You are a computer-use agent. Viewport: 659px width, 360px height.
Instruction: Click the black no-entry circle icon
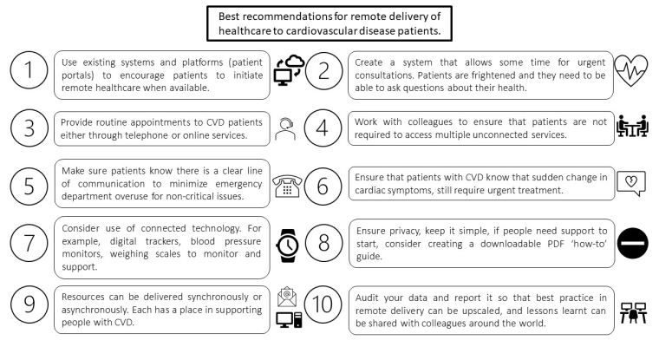coord(631,246)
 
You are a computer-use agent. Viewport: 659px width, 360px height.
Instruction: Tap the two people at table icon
coord(630,128)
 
